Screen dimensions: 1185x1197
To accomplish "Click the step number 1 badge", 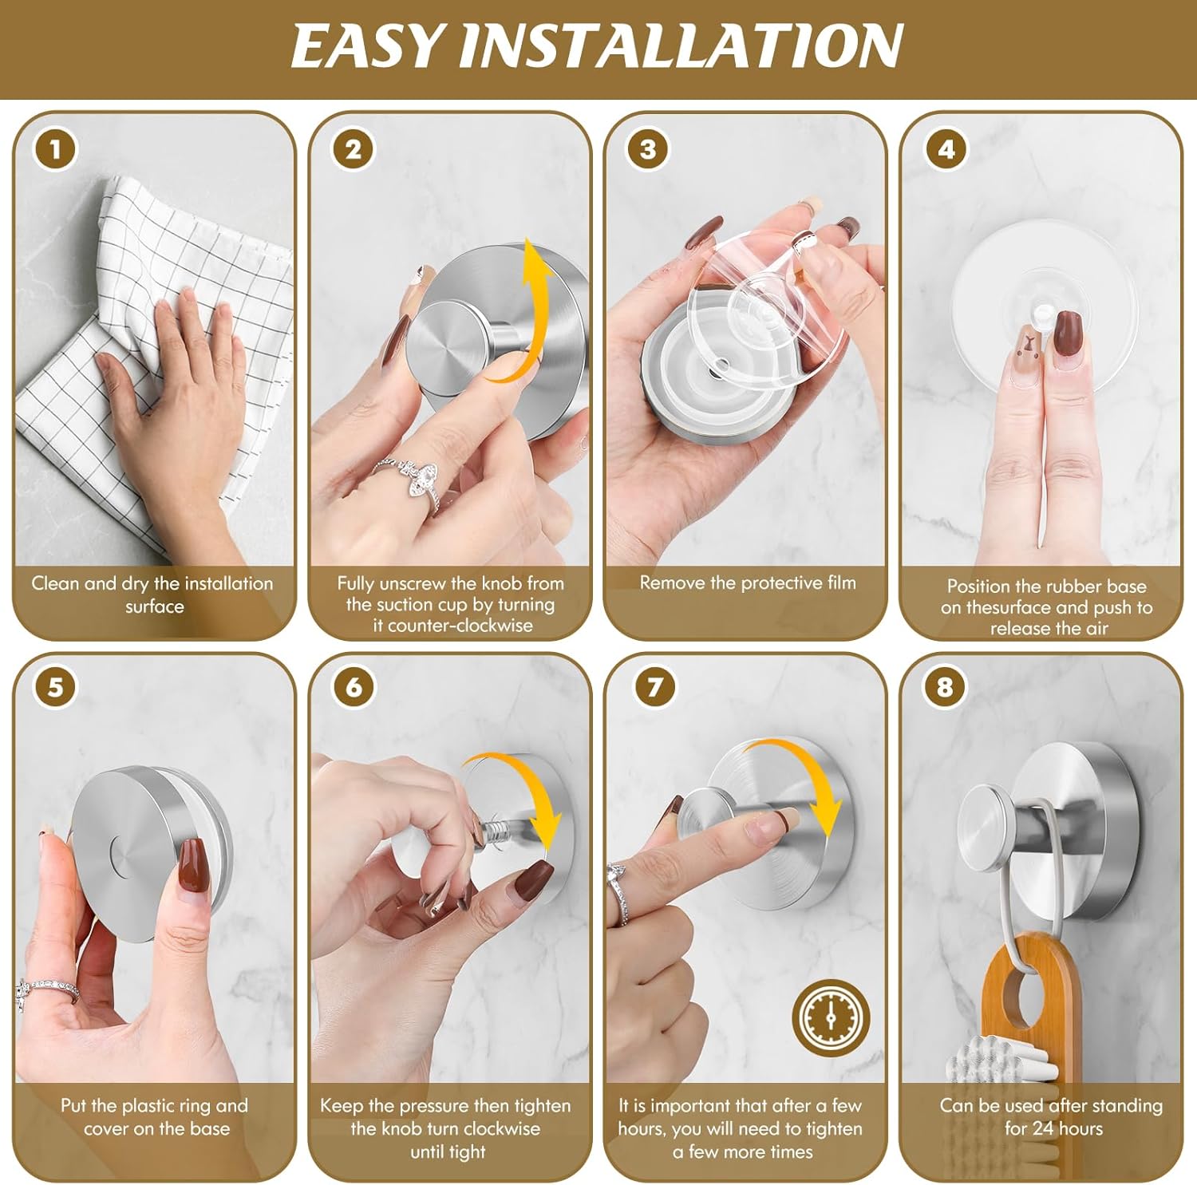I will pyautogui.click(x=55, y=150).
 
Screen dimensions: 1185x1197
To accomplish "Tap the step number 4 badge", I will pyautogui.click(x=946, y=150).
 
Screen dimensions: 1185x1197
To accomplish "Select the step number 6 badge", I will pyautogui.click(x=354, y=687).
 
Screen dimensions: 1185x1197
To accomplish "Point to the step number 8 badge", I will pyautogui.click(x=945, y=687).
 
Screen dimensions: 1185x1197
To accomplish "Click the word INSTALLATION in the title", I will pyautogui.click(x=680, y=46).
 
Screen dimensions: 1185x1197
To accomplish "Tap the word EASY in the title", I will pyautogui.click(x=365, y=46).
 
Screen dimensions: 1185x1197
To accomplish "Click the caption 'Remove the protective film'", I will pyautogui.click(x=747, y=583).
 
